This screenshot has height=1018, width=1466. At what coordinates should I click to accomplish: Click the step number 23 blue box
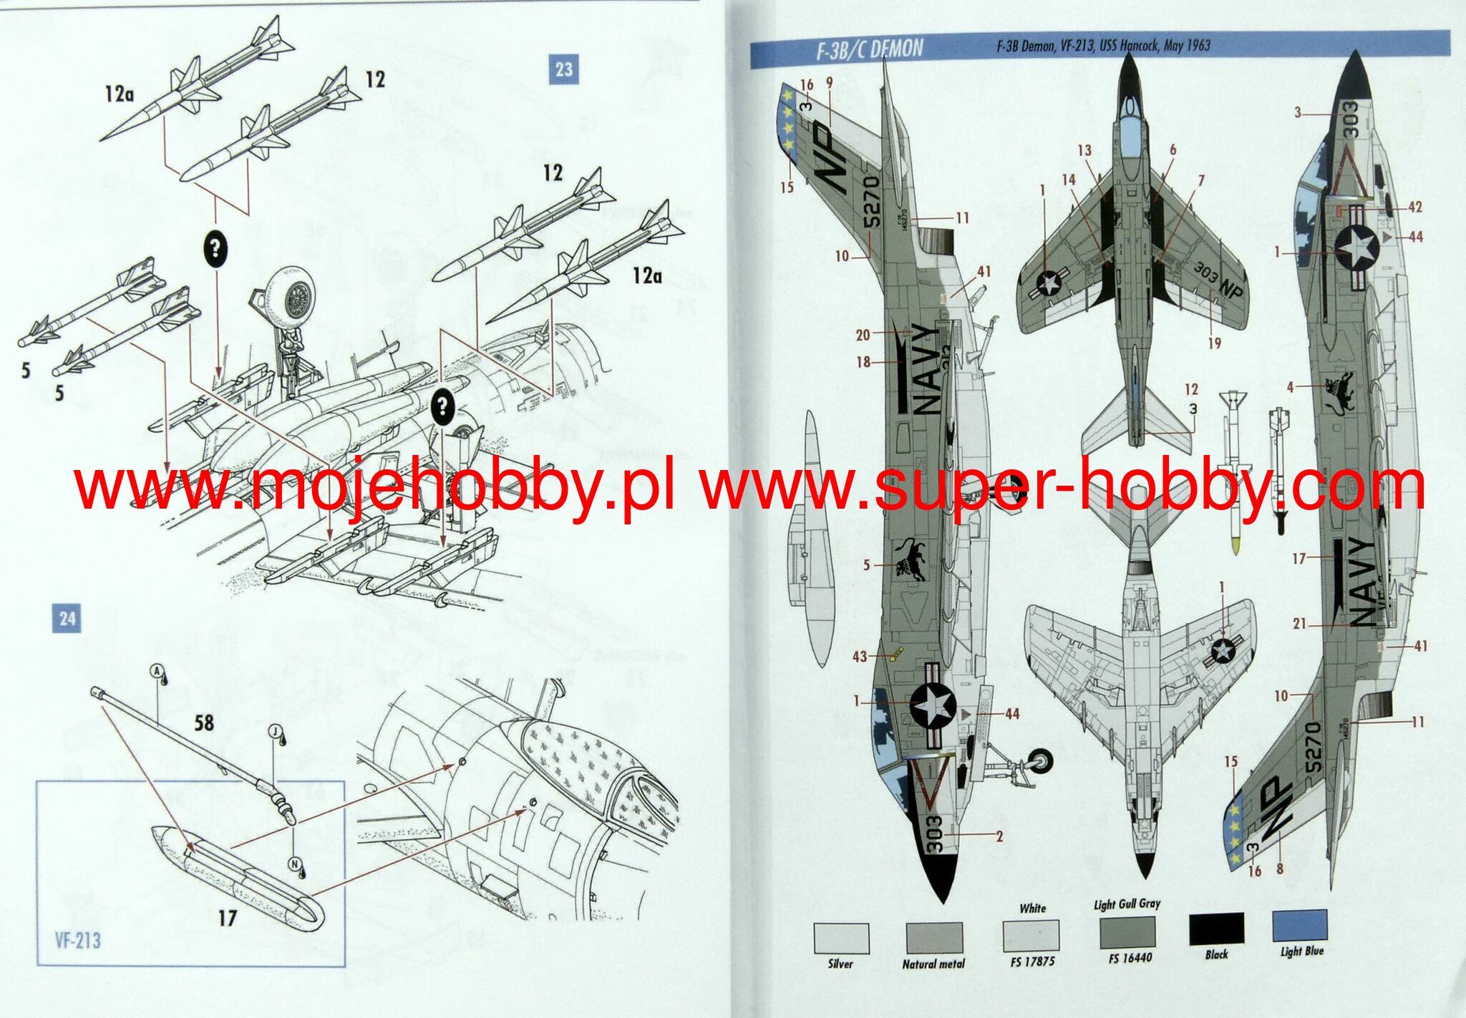[x=563, y=69]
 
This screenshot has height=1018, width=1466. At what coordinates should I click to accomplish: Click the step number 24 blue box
[x=67, y=618]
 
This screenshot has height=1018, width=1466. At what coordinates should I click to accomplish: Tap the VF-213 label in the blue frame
[x=77, y=940]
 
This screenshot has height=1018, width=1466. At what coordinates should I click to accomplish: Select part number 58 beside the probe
[x=204, y=723]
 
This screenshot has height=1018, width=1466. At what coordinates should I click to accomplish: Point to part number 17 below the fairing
[x=227, y=918]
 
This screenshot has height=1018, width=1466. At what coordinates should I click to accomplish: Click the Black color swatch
[x=1216, y=929]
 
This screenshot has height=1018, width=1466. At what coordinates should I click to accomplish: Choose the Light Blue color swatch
[x=1300, y=926]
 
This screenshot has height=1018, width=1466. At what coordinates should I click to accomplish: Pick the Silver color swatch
[x=841, y=938]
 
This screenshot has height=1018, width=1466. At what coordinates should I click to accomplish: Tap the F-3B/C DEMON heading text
[x=870, y=49]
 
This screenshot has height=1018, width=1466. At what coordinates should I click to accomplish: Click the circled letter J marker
[x=276, y=730]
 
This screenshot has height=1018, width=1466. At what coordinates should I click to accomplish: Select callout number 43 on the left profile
[x=859, y=656]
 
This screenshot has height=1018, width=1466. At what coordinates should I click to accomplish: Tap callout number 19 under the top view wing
[x=1214, y=343]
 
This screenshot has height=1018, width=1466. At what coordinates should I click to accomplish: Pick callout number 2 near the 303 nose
[x=999, y=836]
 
